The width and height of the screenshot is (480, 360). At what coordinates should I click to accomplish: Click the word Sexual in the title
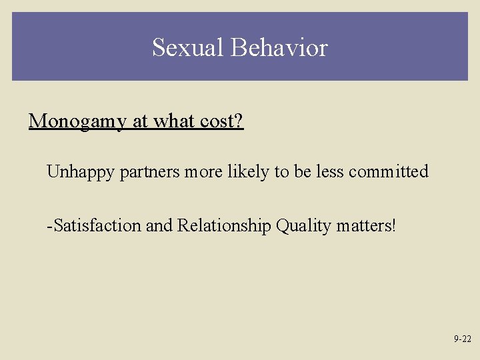188,48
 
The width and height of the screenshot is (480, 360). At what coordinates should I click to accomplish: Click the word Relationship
225,226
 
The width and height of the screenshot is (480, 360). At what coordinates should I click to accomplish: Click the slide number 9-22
463,339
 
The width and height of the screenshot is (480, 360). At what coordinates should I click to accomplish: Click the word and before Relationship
159,226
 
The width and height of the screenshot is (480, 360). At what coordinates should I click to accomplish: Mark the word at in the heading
141,121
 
